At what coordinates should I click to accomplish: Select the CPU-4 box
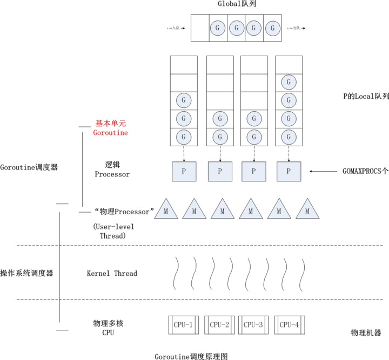[x=290, y=325]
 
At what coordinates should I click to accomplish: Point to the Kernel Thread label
[x=112, y=274]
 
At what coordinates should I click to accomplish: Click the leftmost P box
[x=184, y=171]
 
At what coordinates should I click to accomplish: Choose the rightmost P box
[x=289, y=171]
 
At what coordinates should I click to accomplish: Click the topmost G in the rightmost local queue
[x=289, y=82]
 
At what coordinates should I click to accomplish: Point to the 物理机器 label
[x=366, y=332]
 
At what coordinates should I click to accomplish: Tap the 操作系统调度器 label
[x=27, y=274]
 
